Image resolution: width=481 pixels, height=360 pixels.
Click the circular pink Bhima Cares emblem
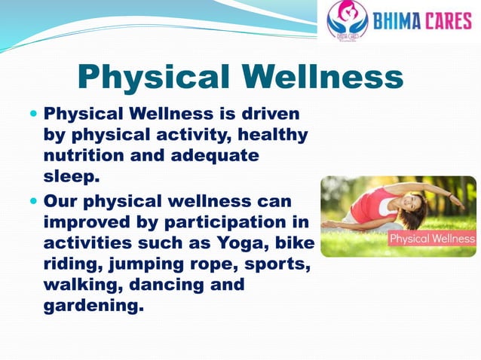(348, 20)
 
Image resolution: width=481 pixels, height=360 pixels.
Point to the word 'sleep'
(69, 176)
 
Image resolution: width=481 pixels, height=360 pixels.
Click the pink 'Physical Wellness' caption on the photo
(432, 239)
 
